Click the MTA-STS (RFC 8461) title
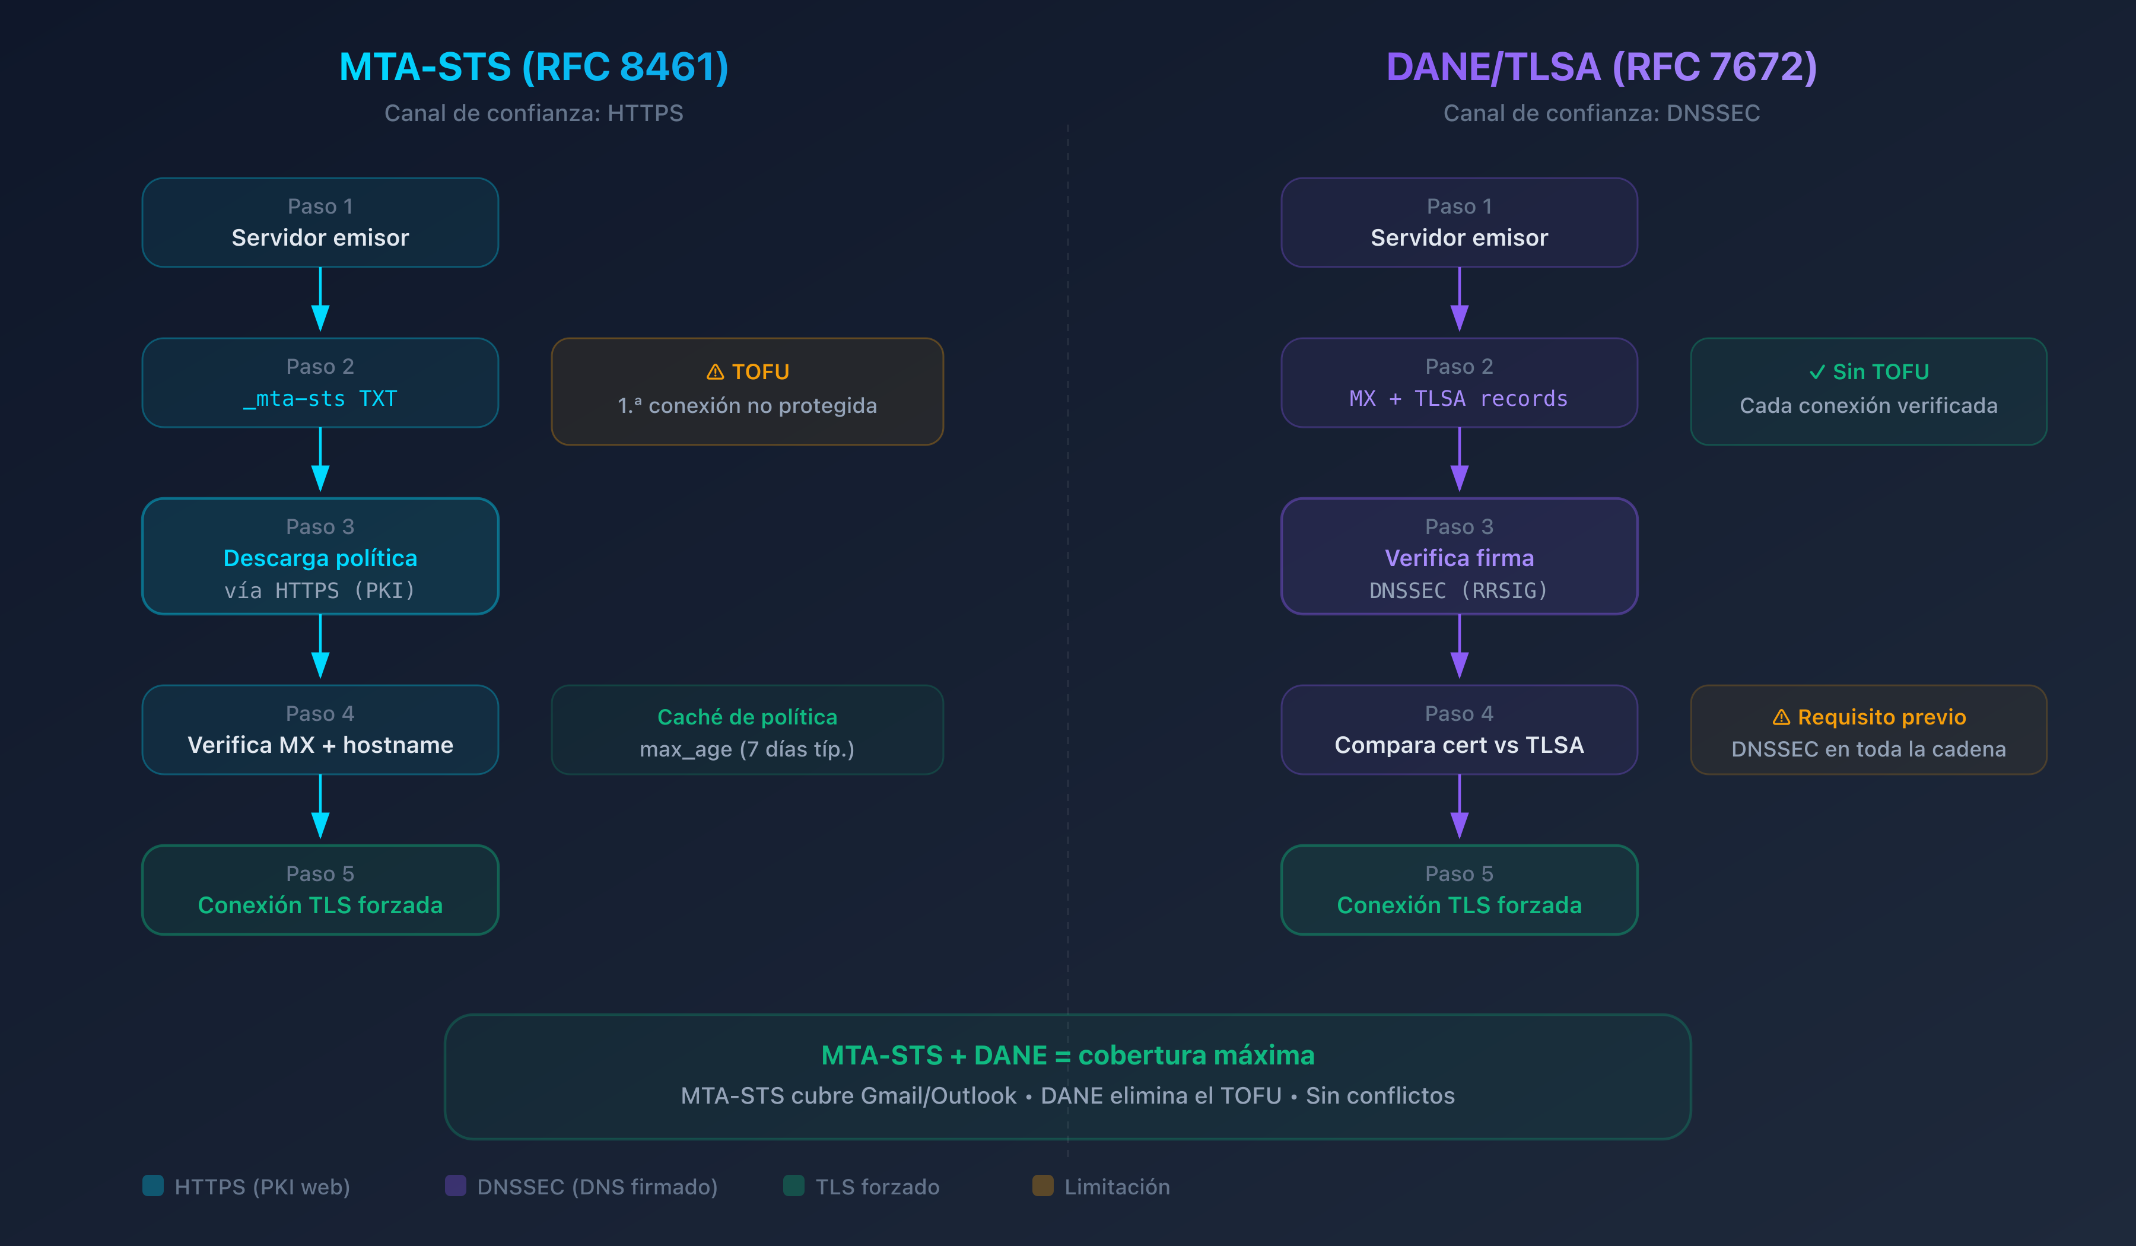533,67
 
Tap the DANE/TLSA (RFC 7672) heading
1601,67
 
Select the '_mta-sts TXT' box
320,383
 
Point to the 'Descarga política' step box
320,556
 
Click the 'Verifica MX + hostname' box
320,730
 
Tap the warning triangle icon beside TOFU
716,372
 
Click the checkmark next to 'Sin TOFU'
1816,372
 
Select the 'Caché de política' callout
747,730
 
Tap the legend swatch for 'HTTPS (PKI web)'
154,1186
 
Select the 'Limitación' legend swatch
1042,1186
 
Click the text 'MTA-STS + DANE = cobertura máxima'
1067,1056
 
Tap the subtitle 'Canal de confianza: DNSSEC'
1601,113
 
